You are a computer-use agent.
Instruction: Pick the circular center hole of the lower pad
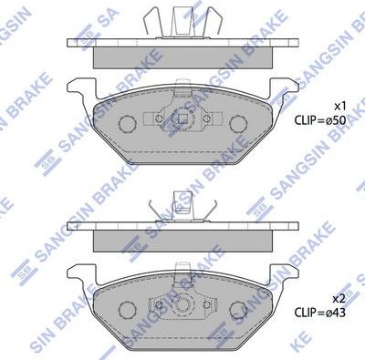[x=182, y=305]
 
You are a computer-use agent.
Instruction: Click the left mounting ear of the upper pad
[x=80, y=89]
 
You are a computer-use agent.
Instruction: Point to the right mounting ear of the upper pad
[x=284, y=89]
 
